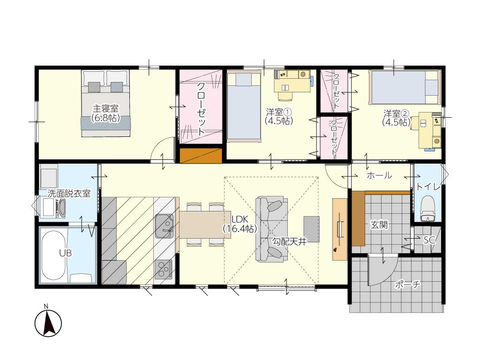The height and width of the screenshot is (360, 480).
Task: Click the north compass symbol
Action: [x=48, y=323]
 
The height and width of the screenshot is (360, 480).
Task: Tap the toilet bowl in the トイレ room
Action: [x=428, y=209]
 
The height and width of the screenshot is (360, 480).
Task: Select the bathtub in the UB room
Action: [x=53, y=255]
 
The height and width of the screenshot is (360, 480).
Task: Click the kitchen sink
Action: [x=165, y=226]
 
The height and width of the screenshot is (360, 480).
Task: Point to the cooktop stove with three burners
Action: [x=163, y=269]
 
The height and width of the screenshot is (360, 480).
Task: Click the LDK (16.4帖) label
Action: [x=240, y=224]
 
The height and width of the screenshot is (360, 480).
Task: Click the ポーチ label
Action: [x=407, y=285]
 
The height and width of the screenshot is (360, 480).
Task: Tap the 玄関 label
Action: [x=379, y=225]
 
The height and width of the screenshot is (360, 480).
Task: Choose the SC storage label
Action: [x=429, y=240]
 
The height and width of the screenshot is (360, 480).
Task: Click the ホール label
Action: [x=379, y=175]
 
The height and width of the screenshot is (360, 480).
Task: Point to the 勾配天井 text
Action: [x=289, y=241]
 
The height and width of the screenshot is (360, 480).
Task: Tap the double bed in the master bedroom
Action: [x=105, y=104]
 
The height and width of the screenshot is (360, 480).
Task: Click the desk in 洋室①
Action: [x=292, y=81]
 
